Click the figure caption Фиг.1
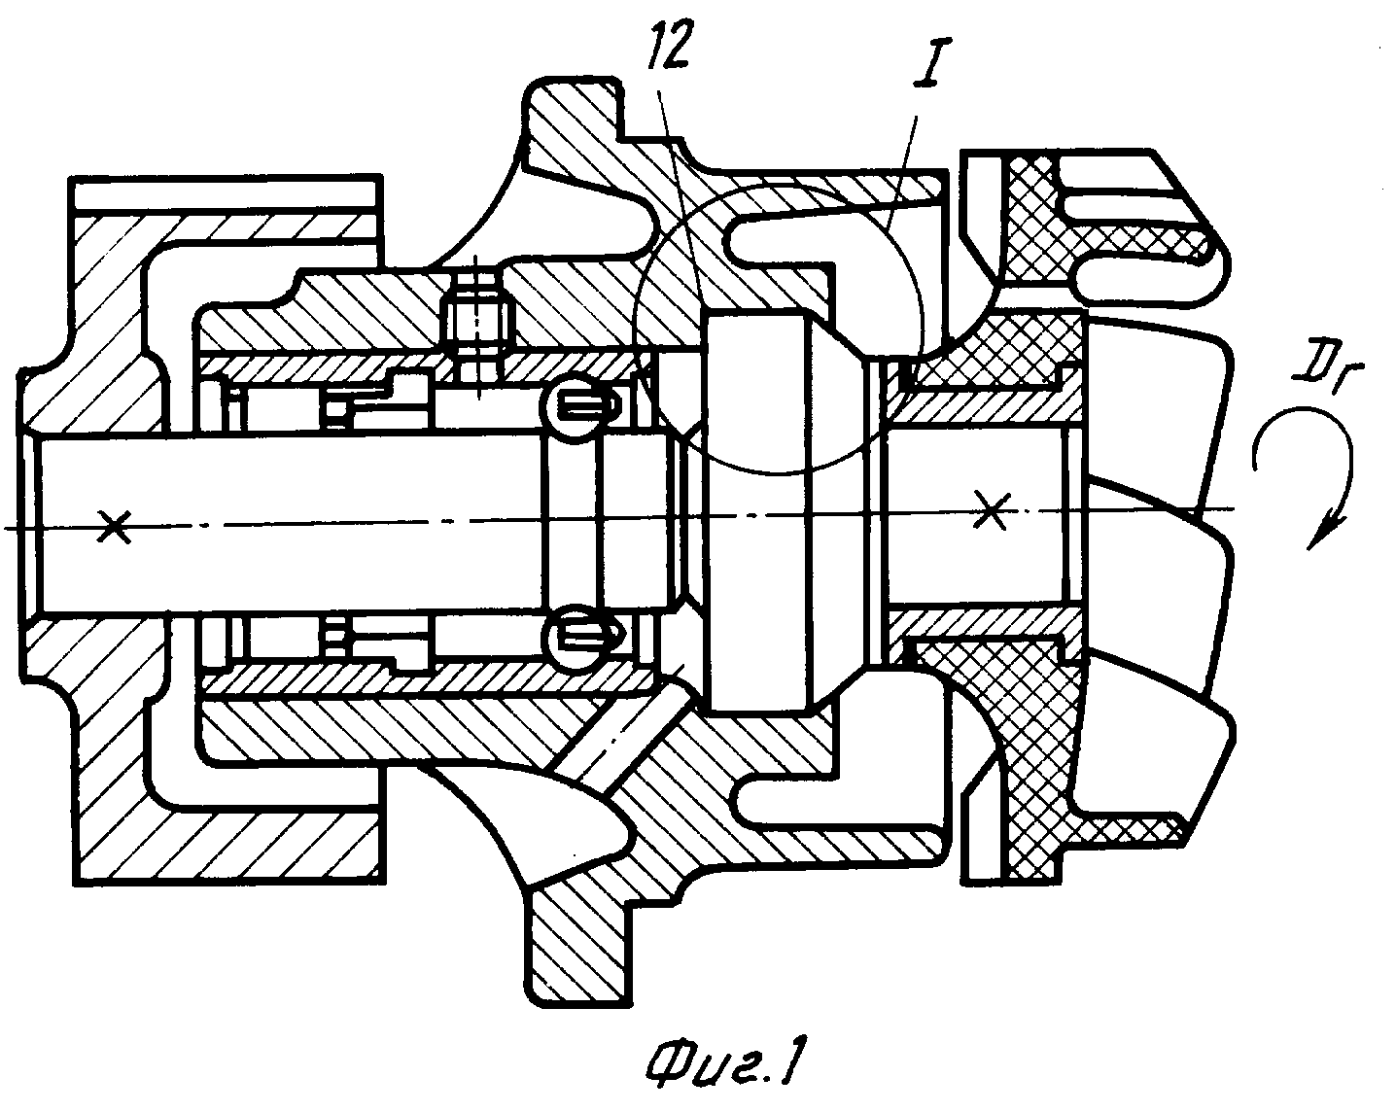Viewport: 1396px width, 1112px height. (x=719, y=1063)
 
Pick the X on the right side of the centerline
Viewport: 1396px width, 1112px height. (x=994, y=509)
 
